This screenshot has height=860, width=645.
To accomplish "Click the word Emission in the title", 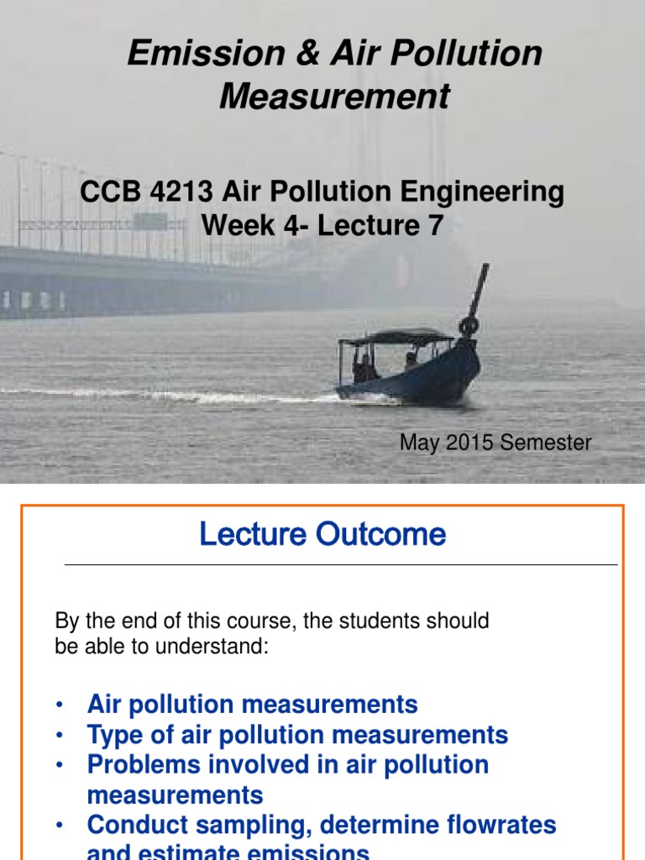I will [193, 54].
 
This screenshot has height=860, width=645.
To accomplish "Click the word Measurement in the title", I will [334, 97].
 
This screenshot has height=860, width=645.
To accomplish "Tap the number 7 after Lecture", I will [433, 225].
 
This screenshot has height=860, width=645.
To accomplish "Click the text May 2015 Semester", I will [495, 443].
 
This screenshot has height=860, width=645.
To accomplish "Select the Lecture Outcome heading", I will [322, 534].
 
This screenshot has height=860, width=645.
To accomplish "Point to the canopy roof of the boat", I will [395, 336].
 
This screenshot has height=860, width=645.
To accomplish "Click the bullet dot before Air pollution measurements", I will [60, 705].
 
